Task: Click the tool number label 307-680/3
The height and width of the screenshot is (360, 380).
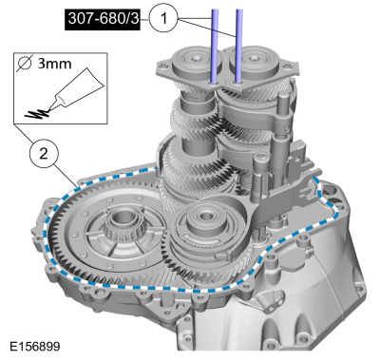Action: click(103, 19)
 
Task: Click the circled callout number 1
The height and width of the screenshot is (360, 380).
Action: click(163, 19)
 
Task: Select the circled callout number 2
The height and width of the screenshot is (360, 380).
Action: click(44, 154)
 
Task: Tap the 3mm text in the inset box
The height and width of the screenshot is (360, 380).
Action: click(54, 64)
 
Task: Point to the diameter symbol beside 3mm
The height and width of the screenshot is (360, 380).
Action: click(25, 64)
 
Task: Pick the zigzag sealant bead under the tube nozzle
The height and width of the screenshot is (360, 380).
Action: click(36, 114)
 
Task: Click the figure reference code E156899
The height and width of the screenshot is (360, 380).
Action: click(35, 346)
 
